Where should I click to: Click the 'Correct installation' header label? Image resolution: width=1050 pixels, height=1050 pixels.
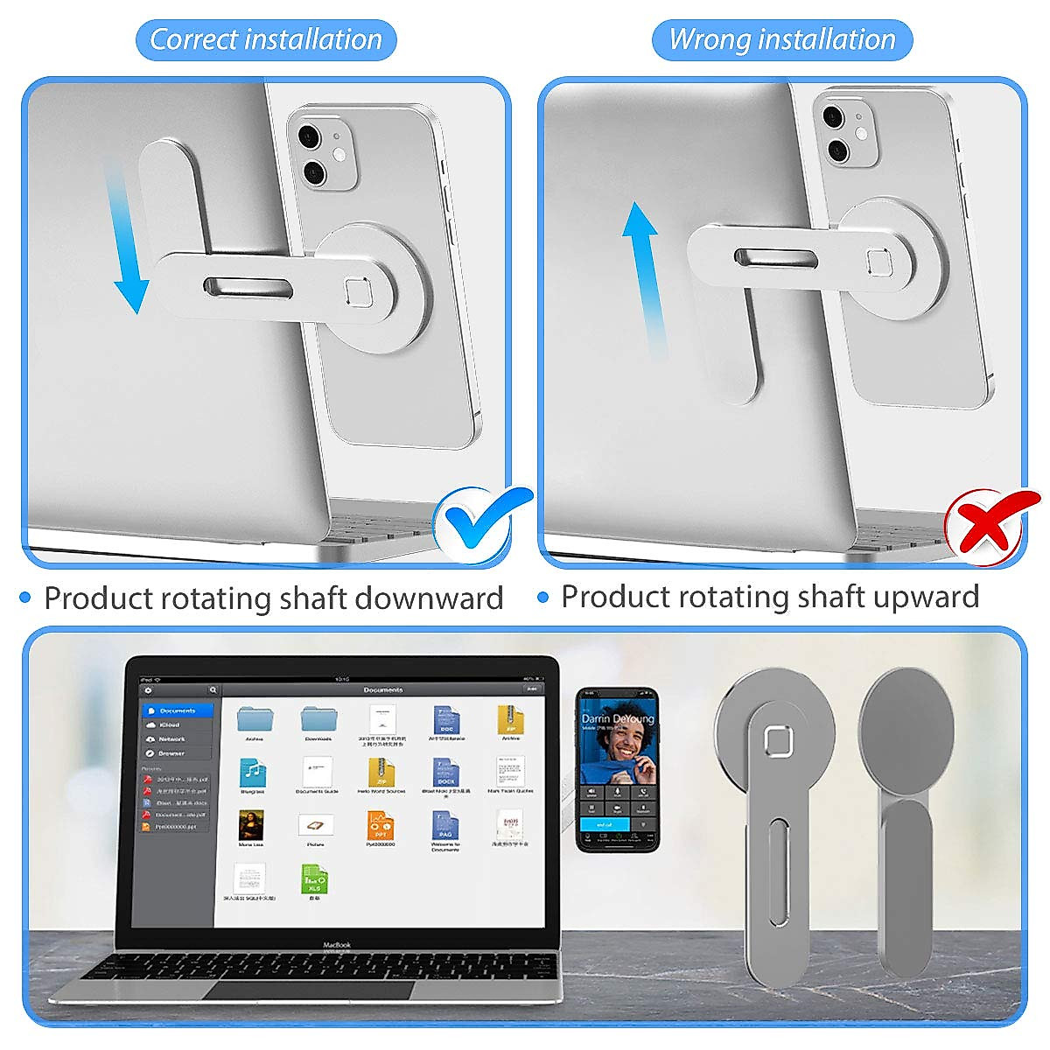[x=266, y=40]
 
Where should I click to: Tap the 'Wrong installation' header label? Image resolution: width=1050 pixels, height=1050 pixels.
[x=782, y=40]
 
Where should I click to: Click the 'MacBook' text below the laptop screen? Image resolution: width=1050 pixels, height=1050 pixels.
[x=338, y=945]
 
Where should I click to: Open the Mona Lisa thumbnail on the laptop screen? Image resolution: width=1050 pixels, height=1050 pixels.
[x=252, y=826]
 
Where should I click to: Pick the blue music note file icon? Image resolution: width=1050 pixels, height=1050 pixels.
[x=253, y=773]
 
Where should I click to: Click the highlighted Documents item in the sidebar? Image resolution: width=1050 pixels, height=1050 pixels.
[x=178, y=711]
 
